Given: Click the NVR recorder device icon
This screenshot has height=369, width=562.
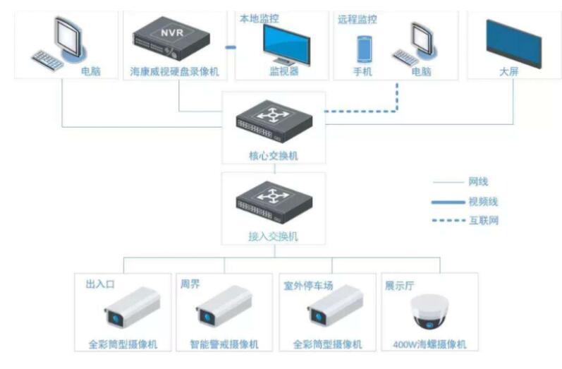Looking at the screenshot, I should click(x=173, y=39).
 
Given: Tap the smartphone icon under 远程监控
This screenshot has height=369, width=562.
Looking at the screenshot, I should click(x=365, y=47).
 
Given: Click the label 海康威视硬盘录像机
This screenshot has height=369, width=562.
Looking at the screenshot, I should click(x=173, y=71).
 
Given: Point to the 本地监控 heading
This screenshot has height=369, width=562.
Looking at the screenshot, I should click(x=259, y=19).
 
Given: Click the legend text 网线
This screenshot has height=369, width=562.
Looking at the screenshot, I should click(x=478, y=182).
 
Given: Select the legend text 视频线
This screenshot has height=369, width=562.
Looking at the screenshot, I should click(x=483, y=201).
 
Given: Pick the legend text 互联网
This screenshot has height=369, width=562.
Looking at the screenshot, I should click(x=483, y=220).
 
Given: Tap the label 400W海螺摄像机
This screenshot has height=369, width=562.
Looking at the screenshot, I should click(x=429, y=345).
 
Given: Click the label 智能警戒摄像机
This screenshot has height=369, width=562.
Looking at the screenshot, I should click(x=224, y=345).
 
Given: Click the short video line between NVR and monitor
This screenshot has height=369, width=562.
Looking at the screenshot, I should click(x=229, y=47).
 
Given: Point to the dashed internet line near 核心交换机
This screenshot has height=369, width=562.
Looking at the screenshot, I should click(x=353, y=110).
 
